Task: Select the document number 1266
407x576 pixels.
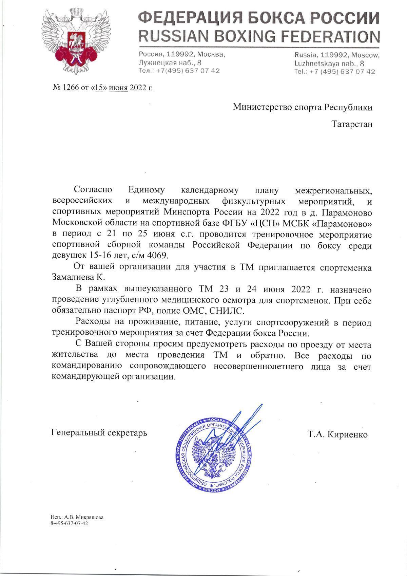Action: [71, 88]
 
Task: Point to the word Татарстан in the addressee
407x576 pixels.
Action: [352, 124]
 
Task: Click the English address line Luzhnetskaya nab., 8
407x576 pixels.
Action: [329, 63]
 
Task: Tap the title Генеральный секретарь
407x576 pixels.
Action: [99, 433]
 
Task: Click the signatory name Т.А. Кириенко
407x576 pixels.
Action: [337, 434]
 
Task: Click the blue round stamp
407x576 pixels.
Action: [213, 452]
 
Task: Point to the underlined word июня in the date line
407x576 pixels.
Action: [118, 88]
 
